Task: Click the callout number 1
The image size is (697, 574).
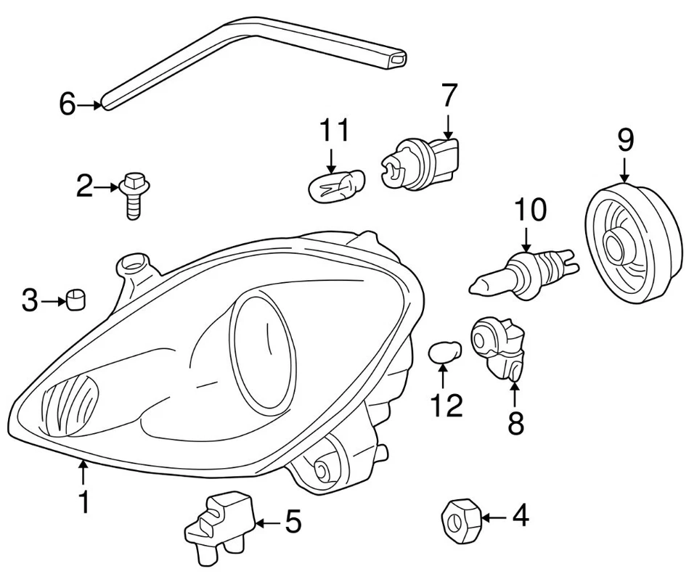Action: click(x=83, y=501)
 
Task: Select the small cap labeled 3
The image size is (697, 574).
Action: click(x=76, y=298)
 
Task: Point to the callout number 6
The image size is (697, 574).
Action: click(x=67, y=105)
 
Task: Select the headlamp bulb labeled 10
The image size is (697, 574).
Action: click(x=523, y=271)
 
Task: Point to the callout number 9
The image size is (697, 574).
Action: click(x=625, y=140)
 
